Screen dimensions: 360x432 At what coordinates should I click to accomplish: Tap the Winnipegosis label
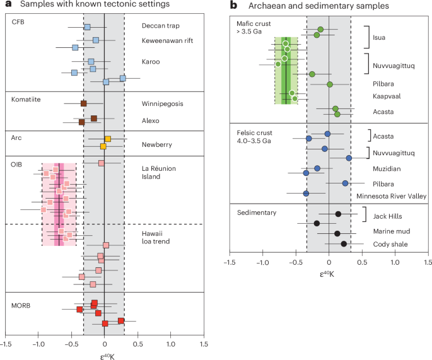click(163, 103)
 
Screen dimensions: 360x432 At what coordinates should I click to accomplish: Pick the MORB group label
click(23, 306)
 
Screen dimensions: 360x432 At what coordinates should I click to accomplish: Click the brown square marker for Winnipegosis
click(84, 103)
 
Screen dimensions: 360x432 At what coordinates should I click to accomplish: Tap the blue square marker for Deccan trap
click(87, 27)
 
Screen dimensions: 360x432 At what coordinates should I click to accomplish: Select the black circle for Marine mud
click(337, 233)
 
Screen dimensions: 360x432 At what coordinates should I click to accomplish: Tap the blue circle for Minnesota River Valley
click(306, 193)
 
